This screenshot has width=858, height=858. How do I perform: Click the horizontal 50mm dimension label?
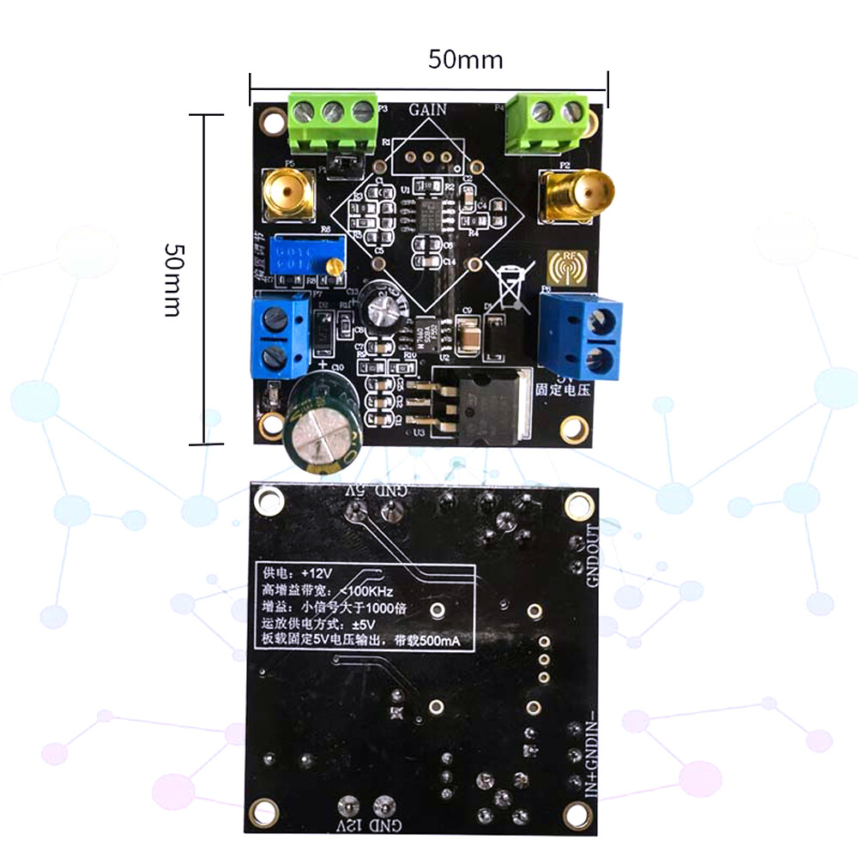coord(465,60)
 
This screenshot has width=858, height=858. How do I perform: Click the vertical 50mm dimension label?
coord(172,278)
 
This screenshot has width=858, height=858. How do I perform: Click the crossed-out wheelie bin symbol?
coord(507,284)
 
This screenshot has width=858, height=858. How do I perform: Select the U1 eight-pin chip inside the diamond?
coord(427,214)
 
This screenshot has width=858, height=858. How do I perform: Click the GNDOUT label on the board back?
coord(592,554)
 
